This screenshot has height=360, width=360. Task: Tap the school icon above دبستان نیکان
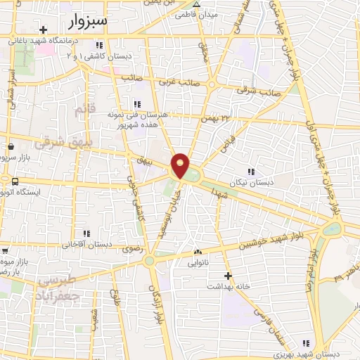click(251, 172)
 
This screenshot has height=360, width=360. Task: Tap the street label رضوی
click(131, 248)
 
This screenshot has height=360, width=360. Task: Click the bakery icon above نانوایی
click(198, 252)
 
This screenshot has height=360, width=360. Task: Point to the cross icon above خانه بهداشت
click(227, 276)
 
